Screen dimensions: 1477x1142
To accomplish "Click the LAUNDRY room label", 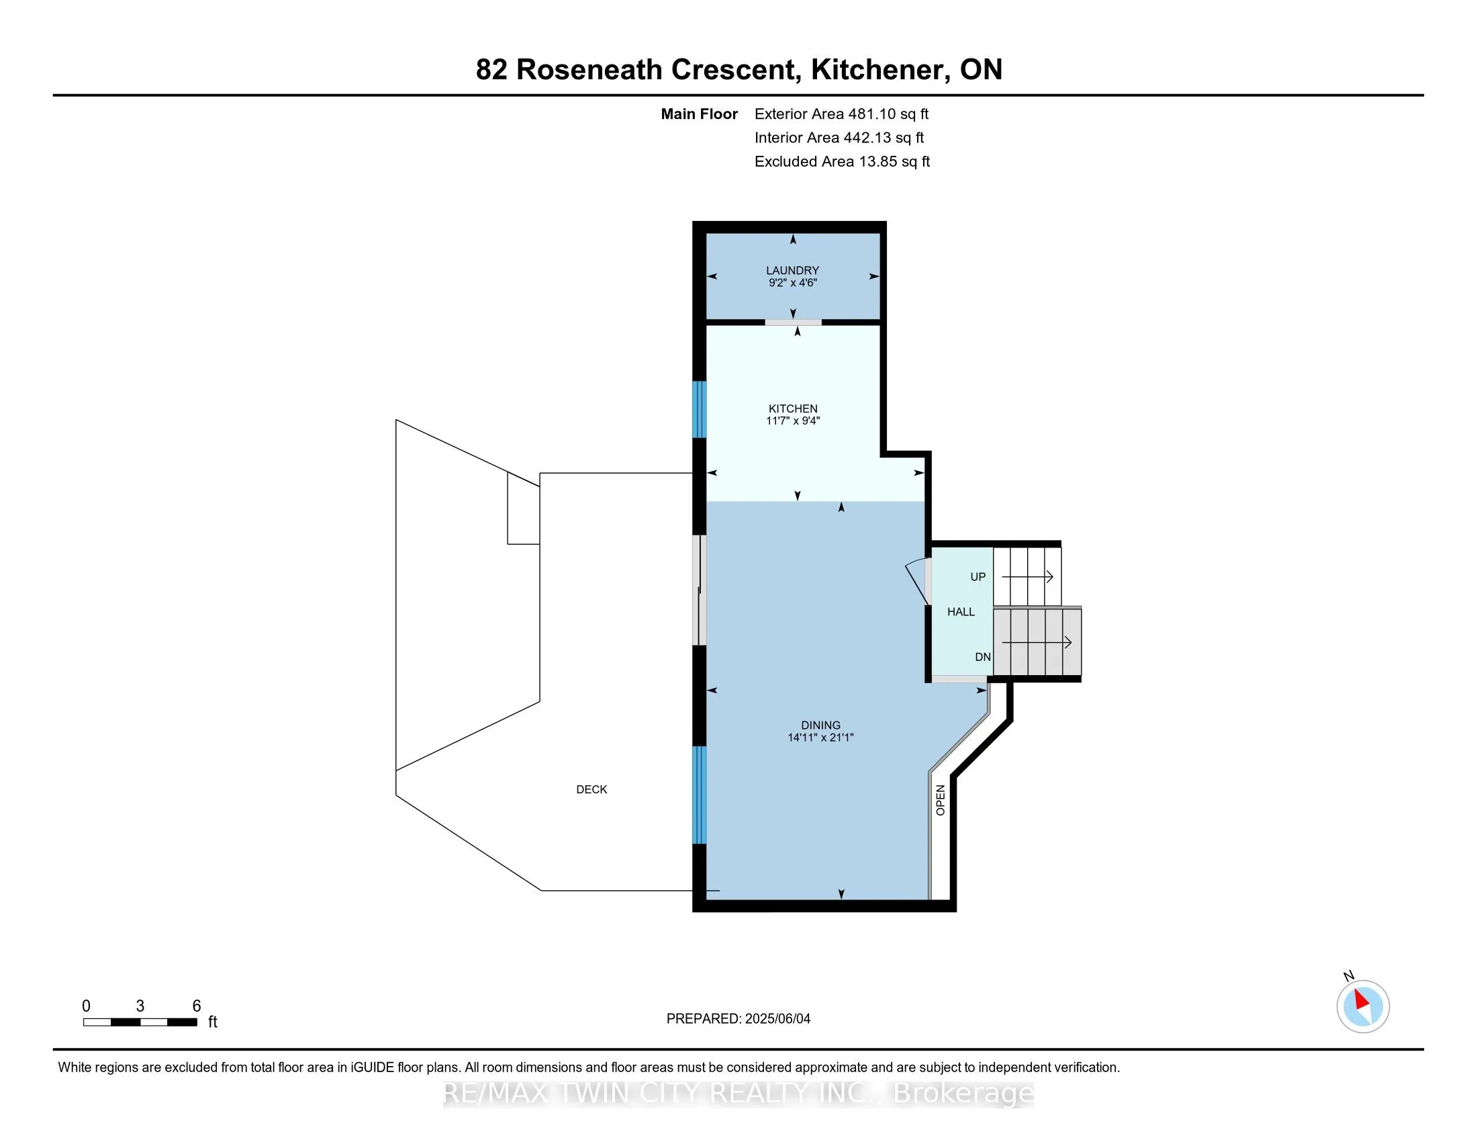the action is pos(793,271).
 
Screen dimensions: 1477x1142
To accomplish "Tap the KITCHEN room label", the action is pos(793,408).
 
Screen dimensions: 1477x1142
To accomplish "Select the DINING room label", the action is pos(821,726).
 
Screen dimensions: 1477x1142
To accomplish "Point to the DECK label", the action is pos(591,789).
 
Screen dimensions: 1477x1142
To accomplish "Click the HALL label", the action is pos(961,612).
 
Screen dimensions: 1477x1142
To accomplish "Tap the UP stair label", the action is pos(978,577).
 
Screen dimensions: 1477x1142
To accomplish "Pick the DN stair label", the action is pos(983,657).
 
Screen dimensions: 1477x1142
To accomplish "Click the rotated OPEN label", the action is pos(940,800).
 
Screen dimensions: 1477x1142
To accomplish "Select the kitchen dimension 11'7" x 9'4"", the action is pos(793,421).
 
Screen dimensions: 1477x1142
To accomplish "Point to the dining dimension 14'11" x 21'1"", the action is pos(821,738).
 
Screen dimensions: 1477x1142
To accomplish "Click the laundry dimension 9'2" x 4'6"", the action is pos(793,283).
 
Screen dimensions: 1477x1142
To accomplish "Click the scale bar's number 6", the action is pos(197,1006).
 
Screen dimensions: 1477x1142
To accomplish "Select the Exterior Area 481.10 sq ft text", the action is pos(842,114).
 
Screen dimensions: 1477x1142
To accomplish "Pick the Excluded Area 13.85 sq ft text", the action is pos(843,162).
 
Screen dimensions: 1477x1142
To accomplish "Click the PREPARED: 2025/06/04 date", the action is pos(738,1019).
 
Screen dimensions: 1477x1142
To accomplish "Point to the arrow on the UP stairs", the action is pos(1027,577).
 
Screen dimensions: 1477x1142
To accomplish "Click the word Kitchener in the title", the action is pos(877,70).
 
